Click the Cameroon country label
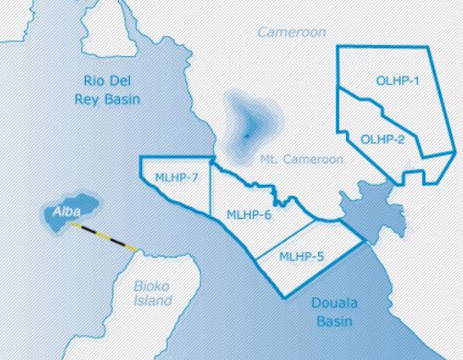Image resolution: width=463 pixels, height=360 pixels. tap(291, 32)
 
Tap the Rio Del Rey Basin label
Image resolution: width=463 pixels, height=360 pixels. tap(110, 88)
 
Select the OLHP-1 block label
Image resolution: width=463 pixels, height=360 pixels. tap(398, 81)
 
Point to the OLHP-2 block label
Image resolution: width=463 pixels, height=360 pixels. tap(383, 139)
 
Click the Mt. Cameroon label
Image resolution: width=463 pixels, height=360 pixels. tap(302, 159)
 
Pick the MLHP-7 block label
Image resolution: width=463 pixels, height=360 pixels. tap(177, 177)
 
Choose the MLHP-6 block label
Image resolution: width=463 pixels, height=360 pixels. tap(249, 214)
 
